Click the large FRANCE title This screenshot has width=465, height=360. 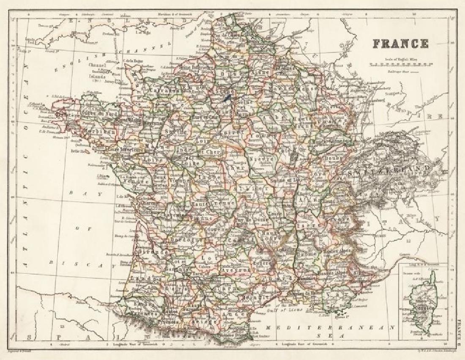(x=400, y=44)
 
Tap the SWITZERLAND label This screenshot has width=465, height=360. (x=389, y=172)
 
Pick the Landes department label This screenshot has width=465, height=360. (x=139, y=278)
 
